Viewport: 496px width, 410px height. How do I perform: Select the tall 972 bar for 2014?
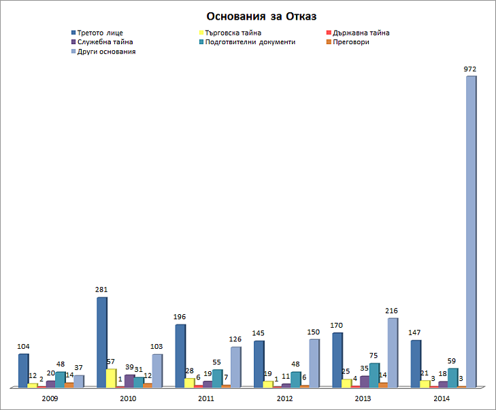[x=470, y=231]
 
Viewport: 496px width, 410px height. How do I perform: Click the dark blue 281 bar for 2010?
[x=101, y=342]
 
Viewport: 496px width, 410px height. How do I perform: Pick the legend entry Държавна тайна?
[x=361, y=33]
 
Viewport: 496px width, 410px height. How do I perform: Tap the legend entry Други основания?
[x=106, y=52]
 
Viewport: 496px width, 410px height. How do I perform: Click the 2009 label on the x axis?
[x=50, y=398]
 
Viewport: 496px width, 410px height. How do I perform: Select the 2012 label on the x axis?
[x=285, y=398]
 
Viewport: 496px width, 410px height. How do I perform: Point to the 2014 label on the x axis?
[x=442, y=398]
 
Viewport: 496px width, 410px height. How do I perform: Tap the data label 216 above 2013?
[x=391, y=311]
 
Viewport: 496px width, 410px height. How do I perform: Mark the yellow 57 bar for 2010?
[x=110, y=377]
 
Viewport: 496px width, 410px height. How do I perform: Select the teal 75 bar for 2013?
[x=374, y=375]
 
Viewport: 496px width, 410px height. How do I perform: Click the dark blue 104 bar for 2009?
[x=23, y=371]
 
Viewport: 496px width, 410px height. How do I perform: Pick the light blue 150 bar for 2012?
[x=313, y=363]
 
